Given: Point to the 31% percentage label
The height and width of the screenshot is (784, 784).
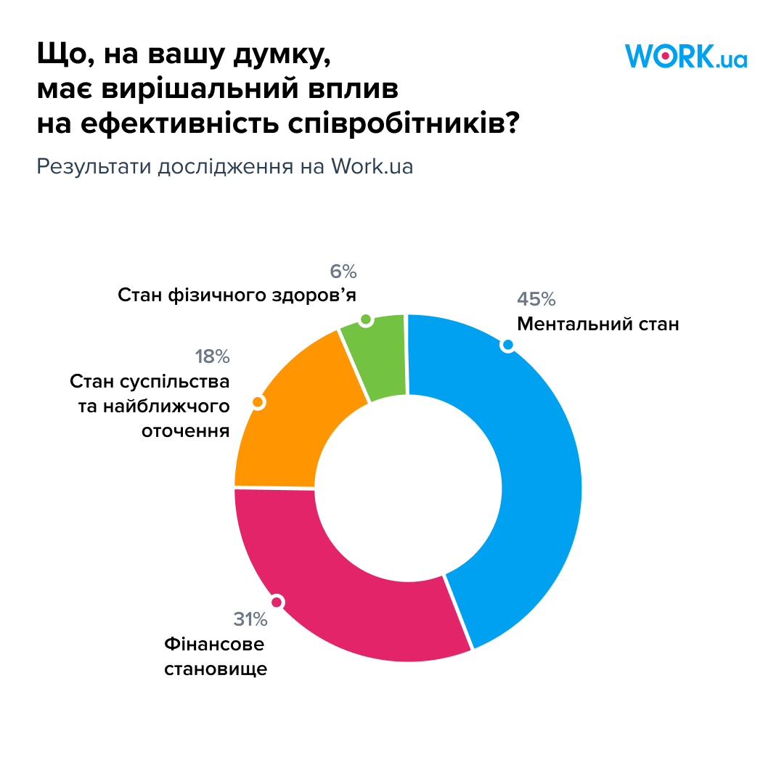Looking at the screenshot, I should [250, 619].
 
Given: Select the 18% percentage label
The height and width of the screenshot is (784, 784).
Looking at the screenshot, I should [212, 356].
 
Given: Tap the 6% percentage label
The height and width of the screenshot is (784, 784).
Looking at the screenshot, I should [343, 272].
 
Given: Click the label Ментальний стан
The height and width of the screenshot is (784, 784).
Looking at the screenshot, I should [597, 324].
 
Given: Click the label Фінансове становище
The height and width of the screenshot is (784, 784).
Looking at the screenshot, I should [215, 656].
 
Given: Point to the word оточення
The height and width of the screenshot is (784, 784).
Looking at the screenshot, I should [185, 431].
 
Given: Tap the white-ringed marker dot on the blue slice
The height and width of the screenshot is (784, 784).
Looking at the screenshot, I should [508, 345].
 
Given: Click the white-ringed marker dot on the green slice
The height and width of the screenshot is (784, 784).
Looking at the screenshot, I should [366, 320].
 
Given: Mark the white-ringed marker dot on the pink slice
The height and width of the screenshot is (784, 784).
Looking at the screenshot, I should [276, 601].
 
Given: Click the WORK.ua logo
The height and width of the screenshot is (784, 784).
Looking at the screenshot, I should [685, 56].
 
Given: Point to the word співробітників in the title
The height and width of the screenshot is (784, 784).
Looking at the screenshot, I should [392, 124].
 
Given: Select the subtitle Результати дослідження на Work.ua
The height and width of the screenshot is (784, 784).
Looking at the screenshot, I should [225, 166].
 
